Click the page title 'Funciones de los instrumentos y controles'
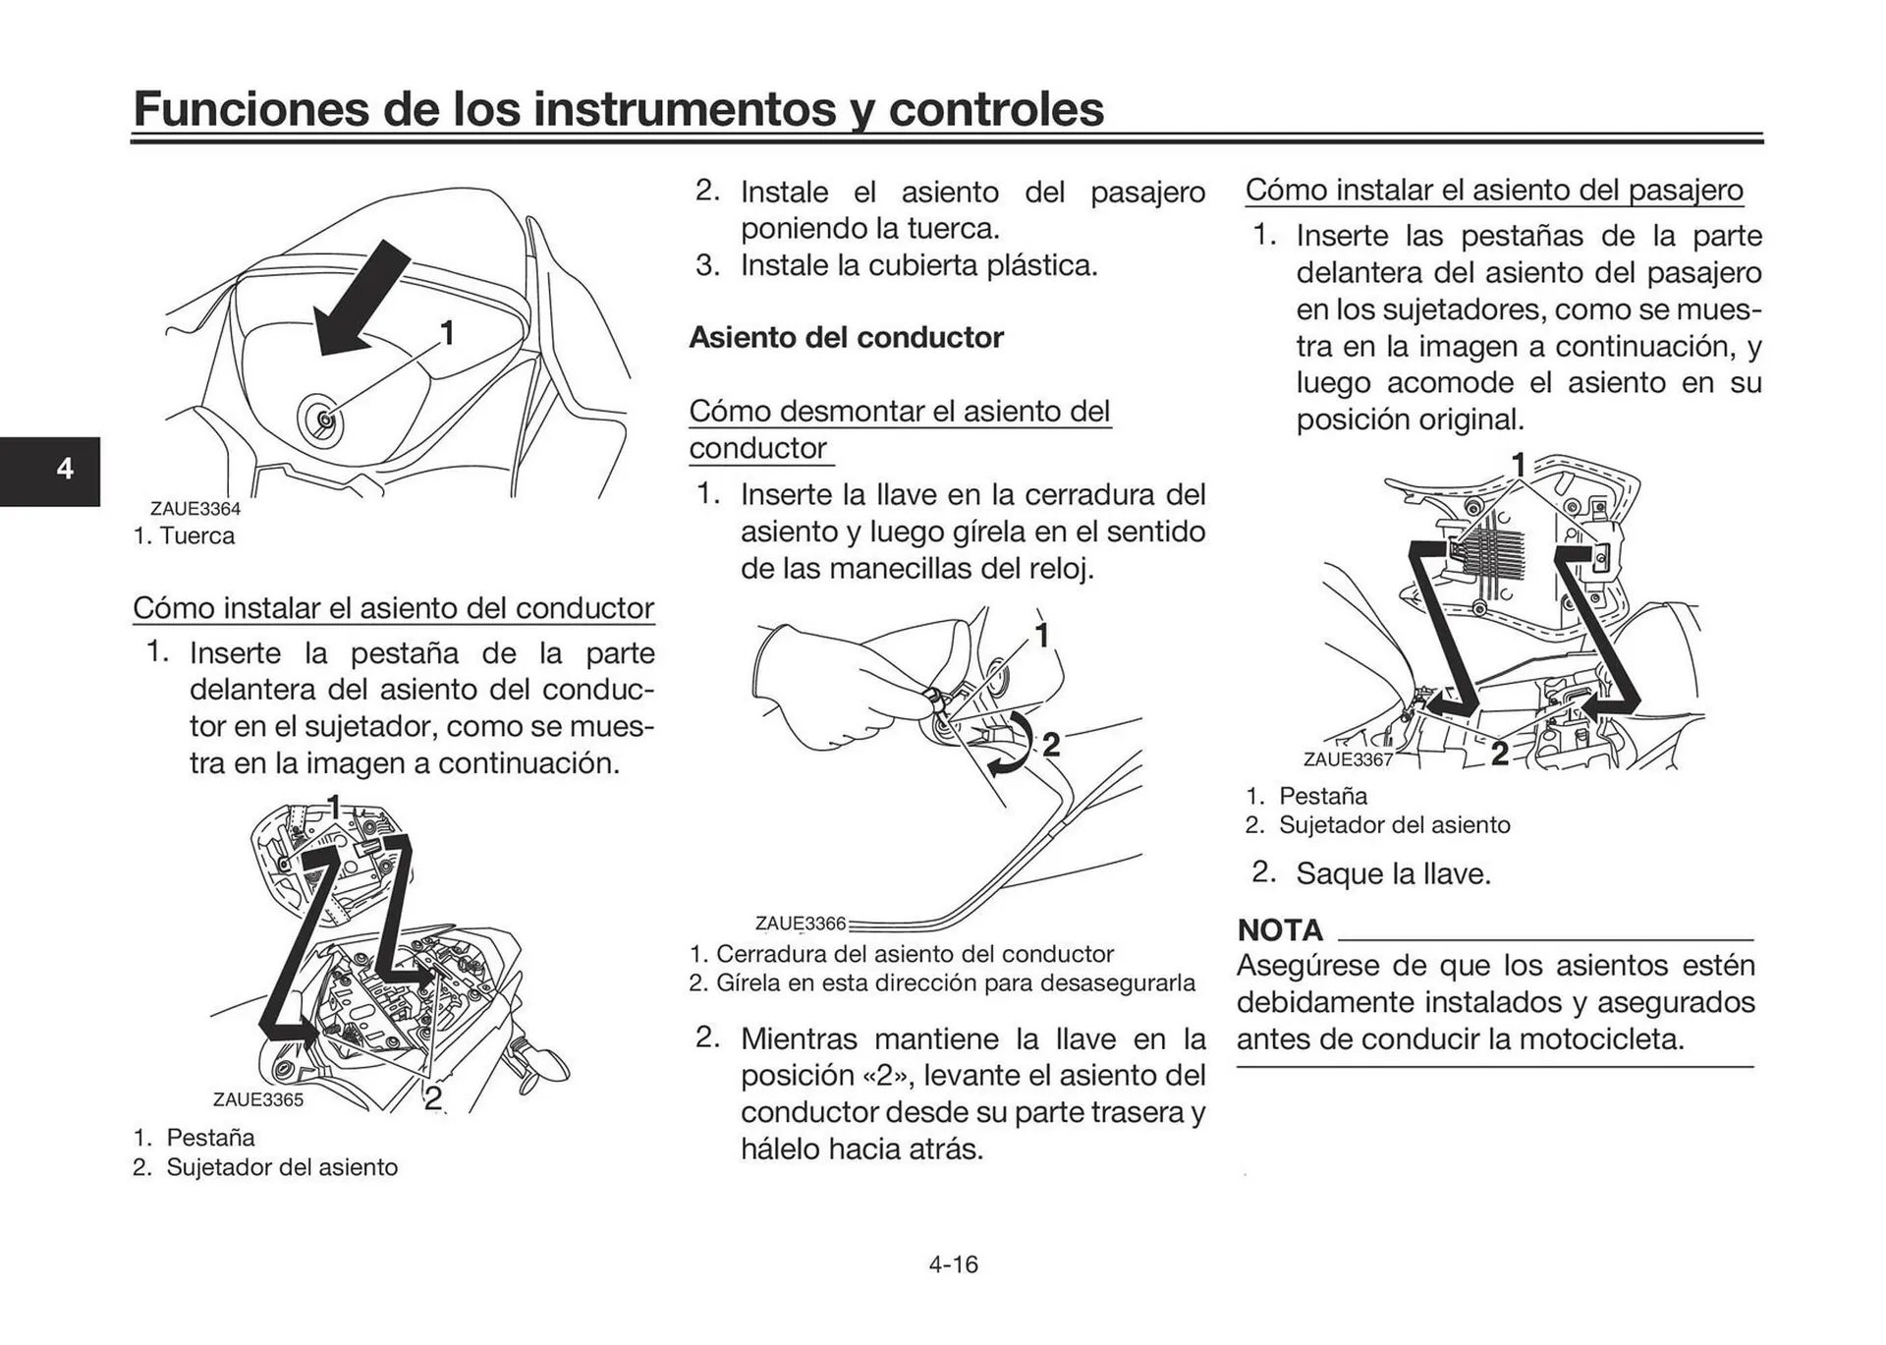coord(618,108)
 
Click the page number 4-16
coord(953,1263)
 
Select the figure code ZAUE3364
coord(194,509)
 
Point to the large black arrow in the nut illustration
coord(360,299)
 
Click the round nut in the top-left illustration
coord(322,420)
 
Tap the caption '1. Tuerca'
coord(184,536)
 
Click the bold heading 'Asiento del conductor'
coord(846,337)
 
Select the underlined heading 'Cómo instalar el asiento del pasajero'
coord(1494,190)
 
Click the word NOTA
coord(1279,929)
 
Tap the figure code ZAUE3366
coord(800,924)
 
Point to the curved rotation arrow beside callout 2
coord(1015,747)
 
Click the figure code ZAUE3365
coord(258,1099)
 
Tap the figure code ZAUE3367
coord(1348,759)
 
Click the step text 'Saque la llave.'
coord(1393,873)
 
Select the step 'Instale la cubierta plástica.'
coord(917,265)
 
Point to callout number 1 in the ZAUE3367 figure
coord(1518,465)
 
